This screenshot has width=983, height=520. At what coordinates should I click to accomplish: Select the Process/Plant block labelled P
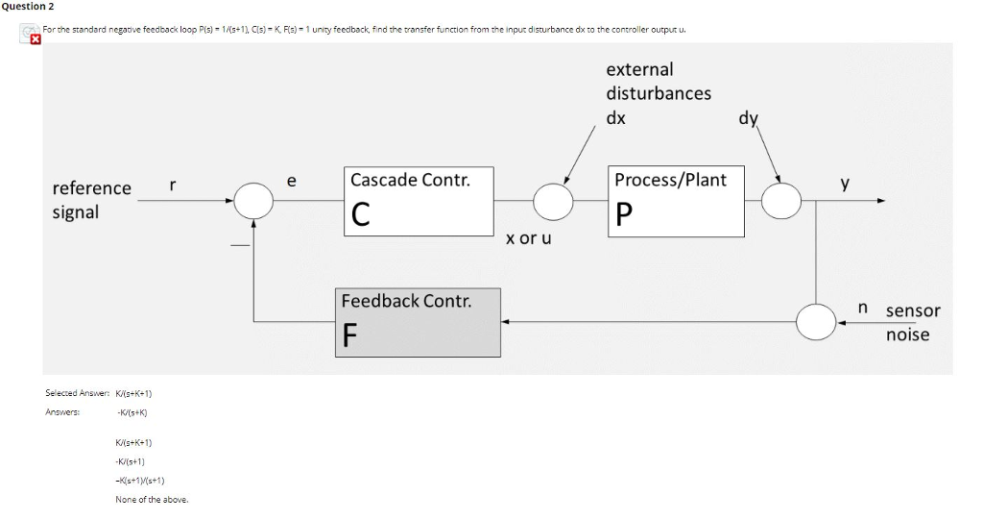(677, 201)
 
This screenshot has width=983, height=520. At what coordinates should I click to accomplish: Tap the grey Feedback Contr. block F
(418, 322)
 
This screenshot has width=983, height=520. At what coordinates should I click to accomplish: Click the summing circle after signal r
(254, 201)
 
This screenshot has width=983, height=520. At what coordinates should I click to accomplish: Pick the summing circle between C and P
(554, 201)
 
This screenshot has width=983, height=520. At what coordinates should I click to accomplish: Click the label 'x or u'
(529, 237)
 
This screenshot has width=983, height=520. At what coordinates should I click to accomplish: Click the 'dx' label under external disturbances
(616, 117)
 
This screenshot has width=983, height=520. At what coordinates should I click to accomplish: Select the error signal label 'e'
(292, 180)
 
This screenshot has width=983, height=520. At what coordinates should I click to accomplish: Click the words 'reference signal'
(91, 200)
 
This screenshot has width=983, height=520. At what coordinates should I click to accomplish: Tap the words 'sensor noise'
(912, 322)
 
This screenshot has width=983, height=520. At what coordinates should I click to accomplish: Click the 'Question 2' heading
(27, 7)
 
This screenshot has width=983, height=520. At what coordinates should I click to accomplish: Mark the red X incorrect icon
(36, 41)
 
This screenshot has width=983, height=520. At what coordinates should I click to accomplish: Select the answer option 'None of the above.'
(152, 499)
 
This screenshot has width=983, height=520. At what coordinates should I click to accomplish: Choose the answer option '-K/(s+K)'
(132, 412)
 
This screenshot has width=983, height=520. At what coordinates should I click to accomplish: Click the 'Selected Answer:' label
(76, 393)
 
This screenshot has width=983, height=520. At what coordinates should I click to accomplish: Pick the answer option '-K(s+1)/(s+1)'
(140, 480)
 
